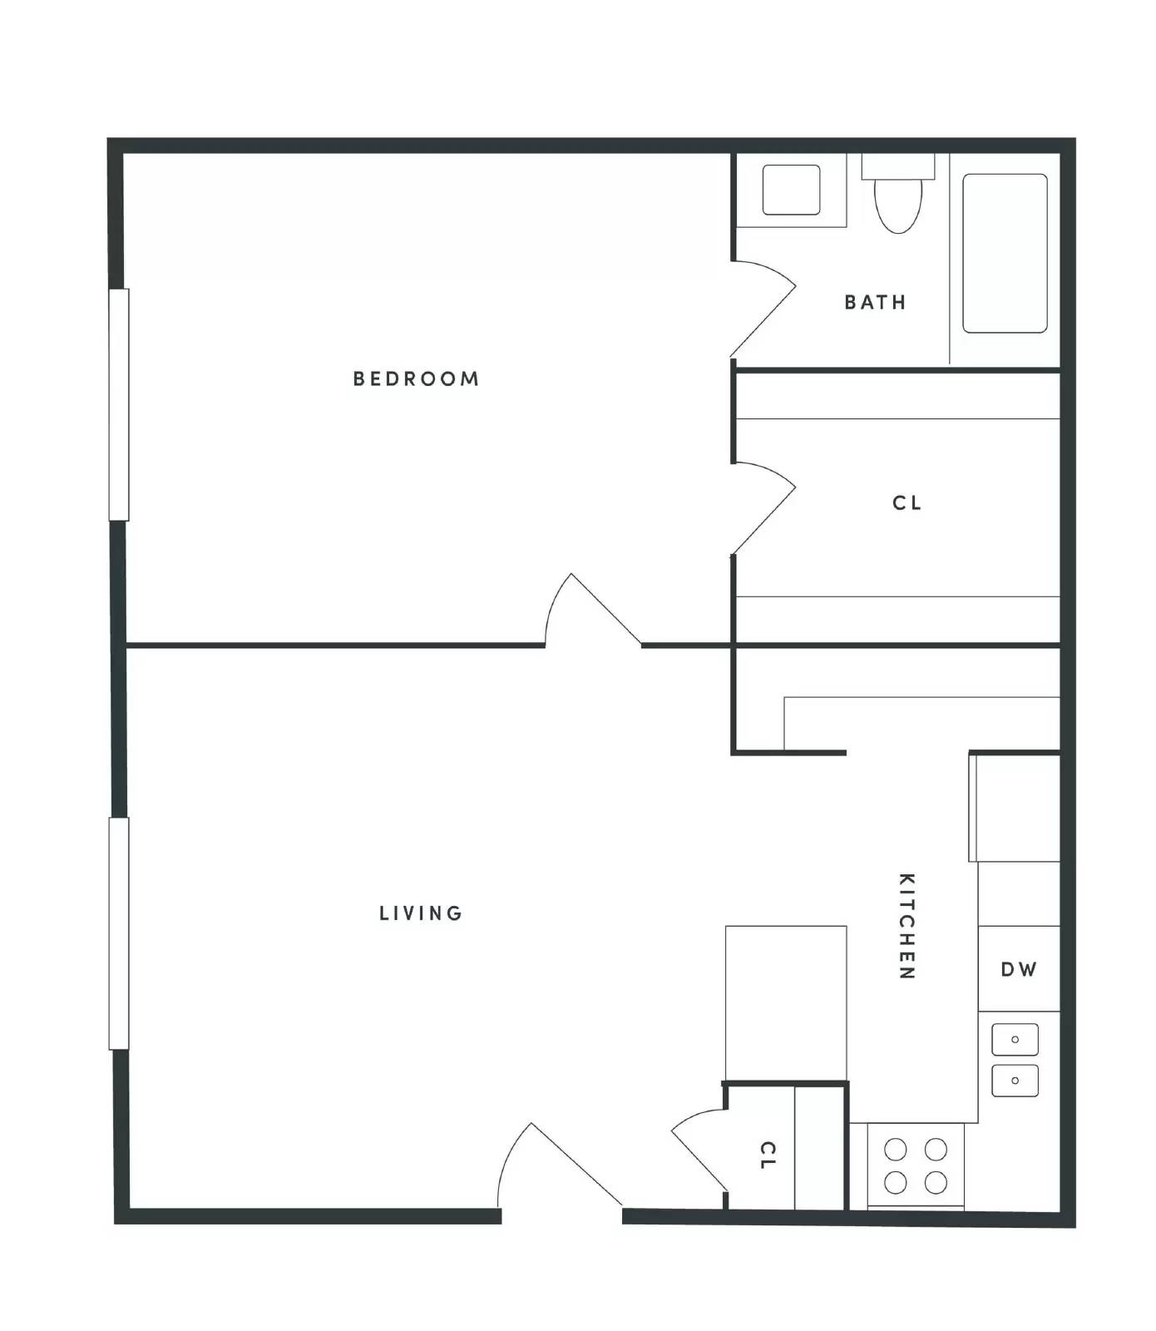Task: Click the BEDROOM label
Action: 416,379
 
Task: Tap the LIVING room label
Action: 421,913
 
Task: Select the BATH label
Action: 875,302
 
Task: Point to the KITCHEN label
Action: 907,926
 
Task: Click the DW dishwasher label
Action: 1019,969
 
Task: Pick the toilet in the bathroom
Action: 898,193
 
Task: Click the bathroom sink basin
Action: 791,190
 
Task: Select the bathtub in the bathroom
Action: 1005,253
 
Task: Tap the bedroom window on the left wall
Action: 119,404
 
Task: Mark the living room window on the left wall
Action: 119,933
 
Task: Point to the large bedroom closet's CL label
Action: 907,503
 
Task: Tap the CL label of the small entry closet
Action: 768,1155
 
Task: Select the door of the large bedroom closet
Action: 763,508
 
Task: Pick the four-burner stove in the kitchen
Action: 916,1165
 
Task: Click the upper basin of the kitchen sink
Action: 1015,1040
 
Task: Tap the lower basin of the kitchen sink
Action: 1015,1081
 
